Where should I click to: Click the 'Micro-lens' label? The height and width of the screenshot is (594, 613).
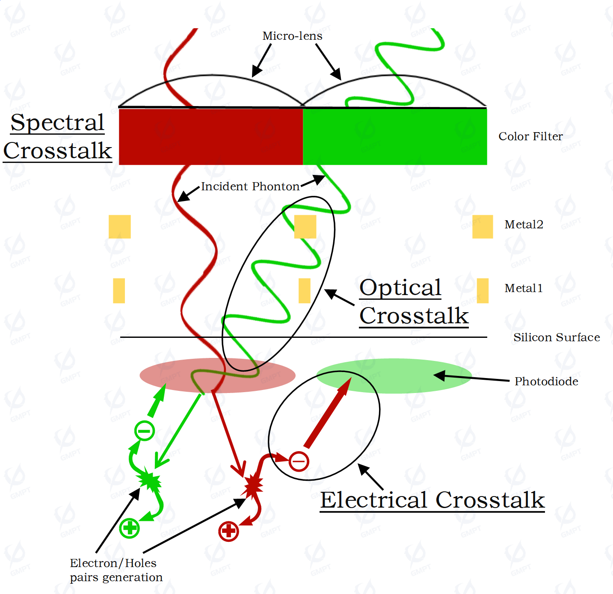292,36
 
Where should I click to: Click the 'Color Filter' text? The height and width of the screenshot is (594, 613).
530,136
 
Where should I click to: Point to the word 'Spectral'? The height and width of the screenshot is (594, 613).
57,122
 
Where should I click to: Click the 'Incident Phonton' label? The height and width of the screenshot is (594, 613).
250,186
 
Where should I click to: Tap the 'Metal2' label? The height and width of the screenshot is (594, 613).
524,225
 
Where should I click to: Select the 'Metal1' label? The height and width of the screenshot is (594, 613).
524,288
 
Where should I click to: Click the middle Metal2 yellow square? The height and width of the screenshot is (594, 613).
305,227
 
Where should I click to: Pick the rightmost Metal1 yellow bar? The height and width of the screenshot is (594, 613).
483,291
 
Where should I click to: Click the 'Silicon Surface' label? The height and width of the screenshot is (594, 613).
557,337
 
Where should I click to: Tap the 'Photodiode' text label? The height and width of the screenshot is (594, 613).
546,381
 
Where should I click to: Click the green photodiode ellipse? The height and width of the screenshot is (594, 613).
394,376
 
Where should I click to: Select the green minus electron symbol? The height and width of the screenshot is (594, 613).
145,431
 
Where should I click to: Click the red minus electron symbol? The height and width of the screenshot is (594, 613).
299,461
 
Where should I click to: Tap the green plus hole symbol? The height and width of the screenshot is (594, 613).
130,528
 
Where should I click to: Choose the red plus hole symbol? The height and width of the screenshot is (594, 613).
228,531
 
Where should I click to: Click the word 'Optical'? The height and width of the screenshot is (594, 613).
400,288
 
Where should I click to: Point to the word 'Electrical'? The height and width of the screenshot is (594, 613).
373,500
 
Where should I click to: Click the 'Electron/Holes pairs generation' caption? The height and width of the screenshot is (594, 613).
116,570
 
